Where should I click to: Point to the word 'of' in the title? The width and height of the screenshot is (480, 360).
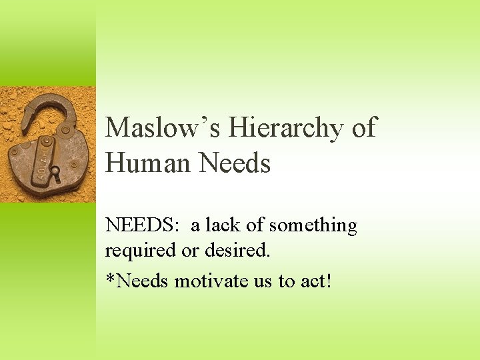point(363,127)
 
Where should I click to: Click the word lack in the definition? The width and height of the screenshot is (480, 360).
point(224,226)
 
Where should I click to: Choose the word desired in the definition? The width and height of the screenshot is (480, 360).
point(240,251)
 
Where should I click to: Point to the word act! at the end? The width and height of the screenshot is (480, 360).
point(315,281)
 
